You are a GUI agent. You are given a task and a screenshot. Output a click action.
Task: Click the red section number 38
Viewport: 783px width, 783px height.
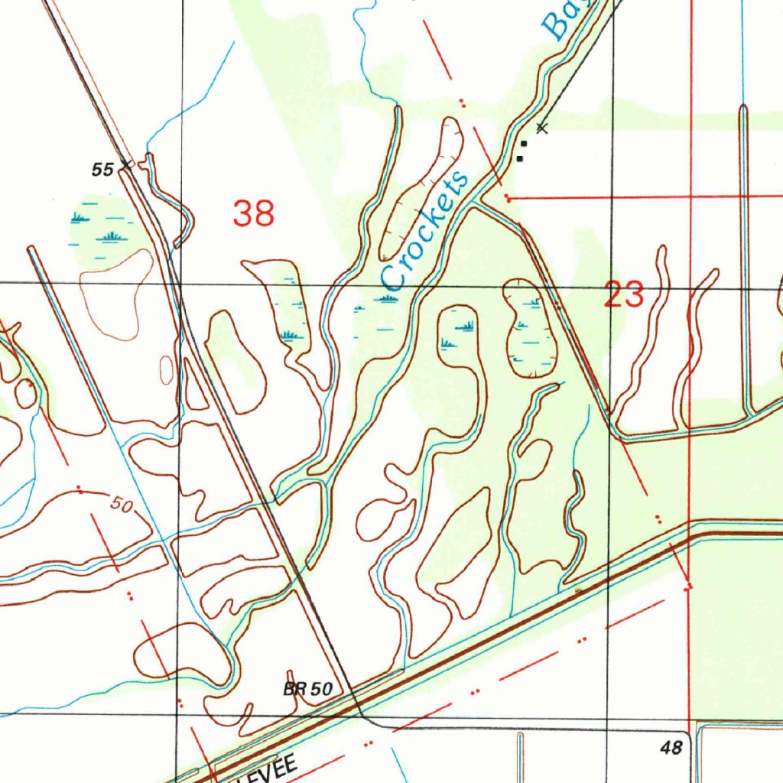coord(254,213)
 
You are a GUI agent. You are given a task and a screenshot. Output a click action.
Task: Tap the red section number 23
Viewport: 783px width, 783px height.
coord(624,294)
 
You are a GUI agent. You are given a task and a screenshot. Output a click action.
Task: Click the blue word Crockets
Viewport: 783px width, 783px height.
coord(425,231)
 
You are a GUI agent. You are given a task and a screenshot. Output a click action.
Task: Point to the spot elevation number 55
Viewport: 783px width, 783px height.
coord(102,170)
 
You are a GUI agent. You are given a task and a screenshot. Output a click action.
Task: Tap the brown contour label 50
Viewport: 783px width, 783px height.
coord(121,505)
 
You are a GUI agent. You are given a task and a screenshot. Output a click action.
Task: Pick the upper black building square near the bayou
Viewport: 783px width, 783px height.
coord(524,143)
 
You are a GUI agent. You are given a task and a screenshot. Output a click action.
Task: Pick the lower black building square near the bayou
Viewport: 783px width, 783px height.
coord(520,158)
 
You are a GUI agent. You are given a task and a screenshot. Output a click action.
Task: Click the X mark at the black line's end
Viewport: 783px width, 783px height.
coord(541,127)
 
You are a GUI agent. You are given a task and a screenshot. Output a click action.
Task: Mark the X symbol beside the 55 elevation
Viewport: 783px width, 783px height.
coord(125,165)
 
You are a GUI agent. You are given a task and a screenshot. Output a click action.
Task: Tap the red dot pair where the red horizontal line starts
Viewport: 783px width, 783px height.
coord(507,198)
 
